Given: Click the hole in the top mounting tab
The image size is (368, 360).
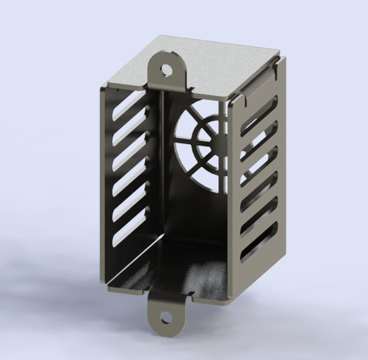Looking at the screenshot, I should point(166,69).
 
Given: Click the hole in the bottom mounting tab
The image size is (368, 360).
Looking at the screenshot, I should point(165,317).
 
